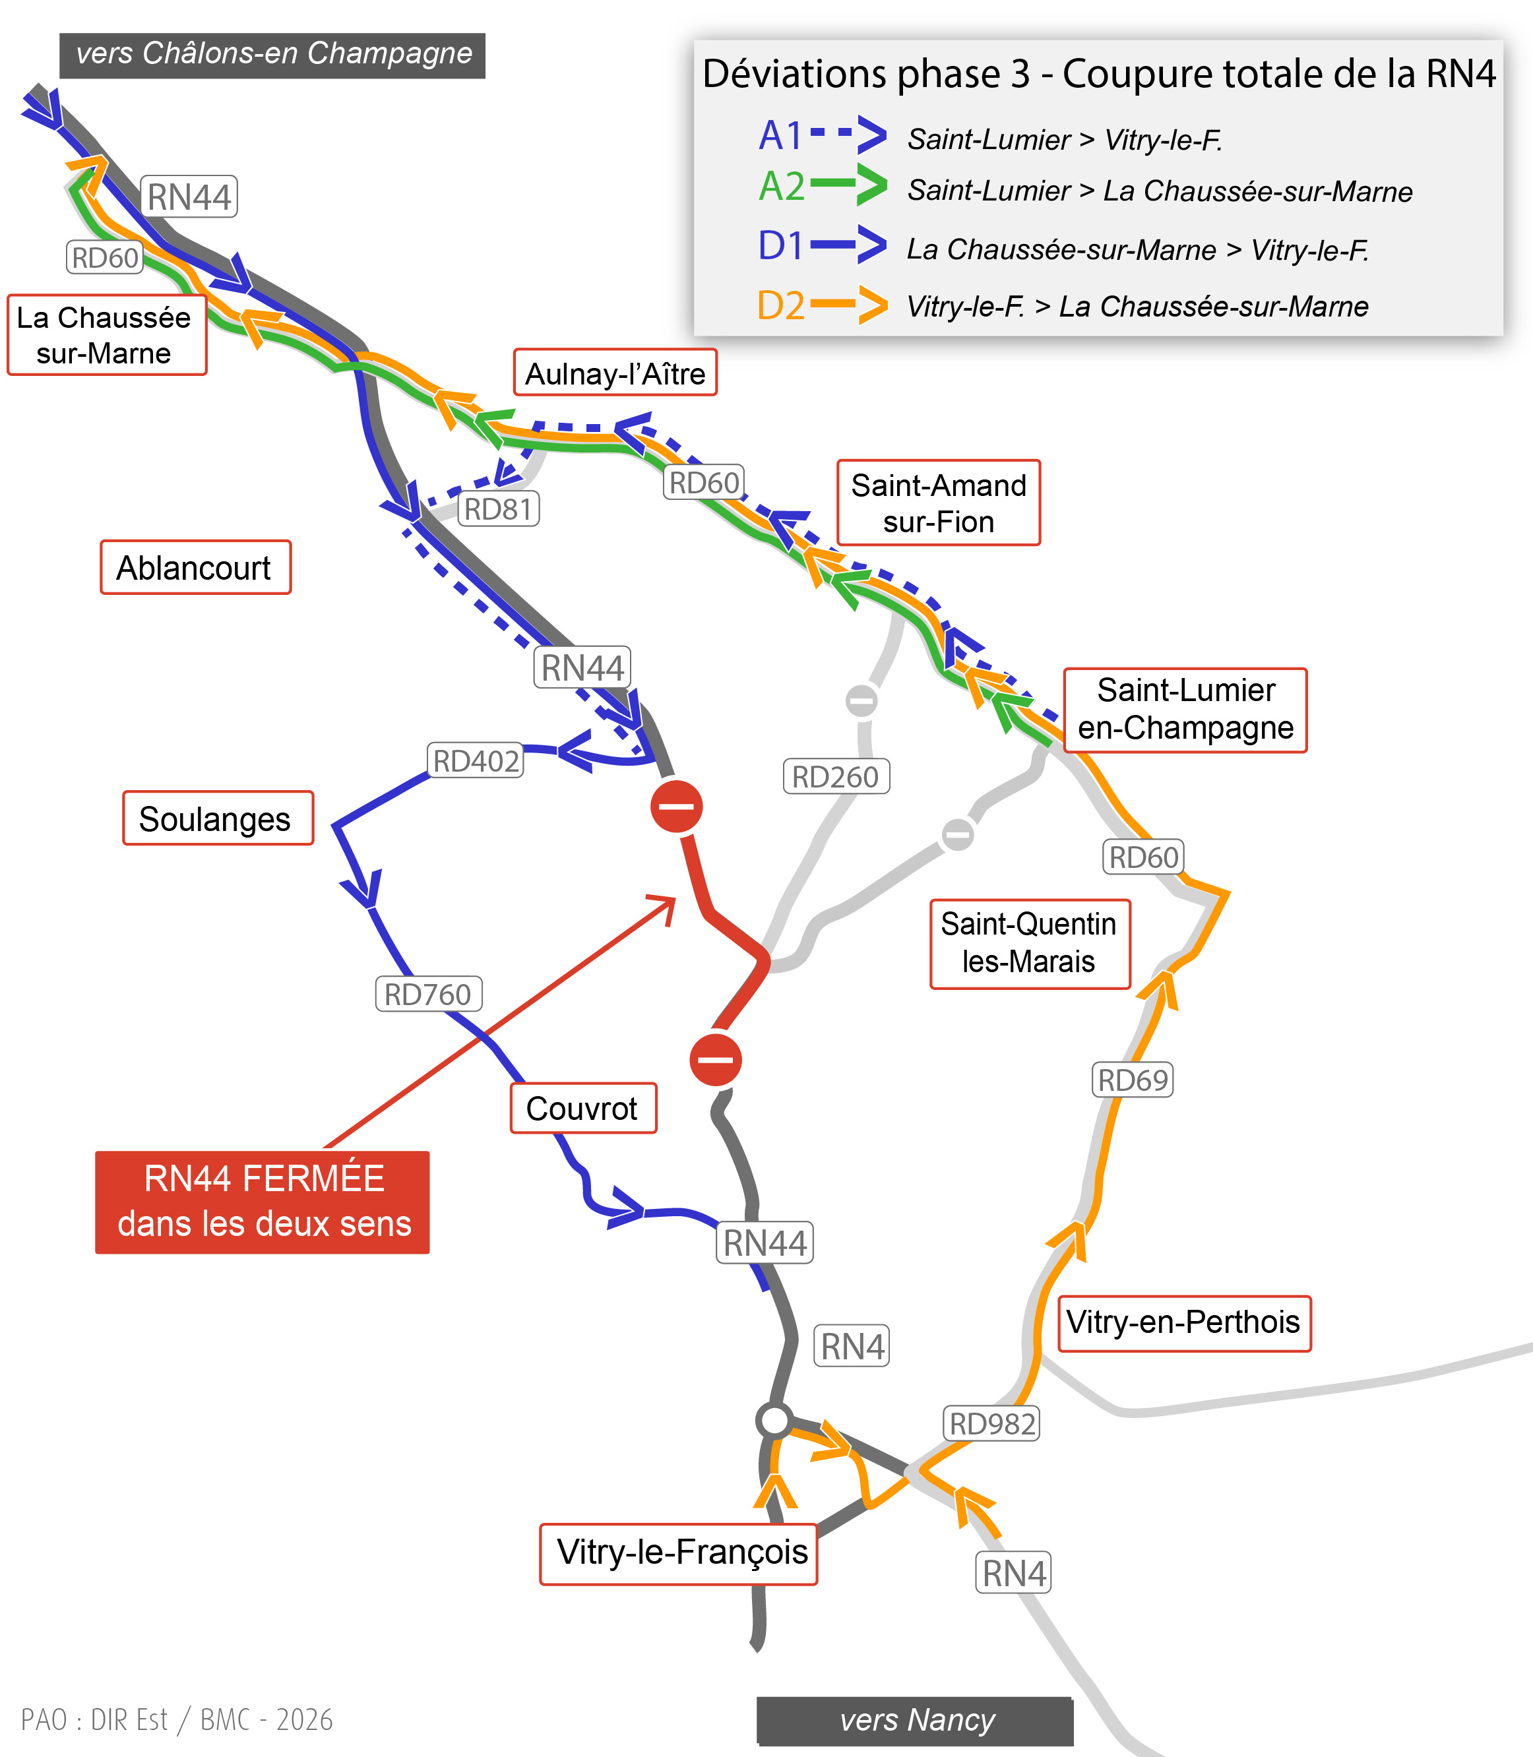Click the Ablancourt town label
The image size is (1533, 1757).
pyautogui.click(x=195, y=567)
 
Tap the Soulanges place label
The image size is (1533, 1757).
pyautogui.click(x=217, y=818)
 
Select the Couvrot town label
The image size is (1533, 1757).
pyautogui.click(x=582, y=1108)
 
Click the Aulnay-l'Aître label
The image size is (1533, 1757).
pyautogui.click(x=614, y=373)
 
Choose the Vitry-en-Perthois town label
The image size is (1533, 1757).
pyautogui.click(x=1183, y=1322)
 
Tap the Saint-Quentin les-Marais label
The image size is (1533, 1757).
pyautogui.click(x=1029, y=942)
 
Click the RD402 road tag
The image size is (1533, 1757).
pyautogui.click(x=476, y=760)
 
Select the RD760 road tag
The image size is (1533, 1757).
pyautogui.click(x=427, y=994)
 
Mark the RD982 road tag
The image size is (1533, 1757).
pyautogui.click(x=991, y=1423)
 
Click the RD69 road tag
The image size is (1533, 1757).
pyautogui.click(x=1132, y=1080)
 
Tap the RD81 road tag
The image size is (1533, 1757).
pyautogui.click(x=499, y=509)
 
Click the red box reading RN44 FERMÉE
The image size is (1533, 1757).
pyautogui.click(x=262, y=1201)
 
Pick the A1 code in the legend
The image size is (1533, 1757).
pyautogui.click(x=780, y=135)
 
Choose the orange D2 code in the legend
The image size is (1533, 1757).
pyautogui.click(x=780, y=305)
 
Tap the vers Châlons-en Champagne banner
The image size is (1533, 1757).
pyautogui.click(x=272, y=55)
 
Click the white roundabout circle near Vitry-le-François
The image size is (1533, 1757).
pyautogui.click(x=774, y=1420)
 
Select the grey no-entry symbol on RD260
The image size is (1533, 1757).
pyautogui.click(x=861, y=700)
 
